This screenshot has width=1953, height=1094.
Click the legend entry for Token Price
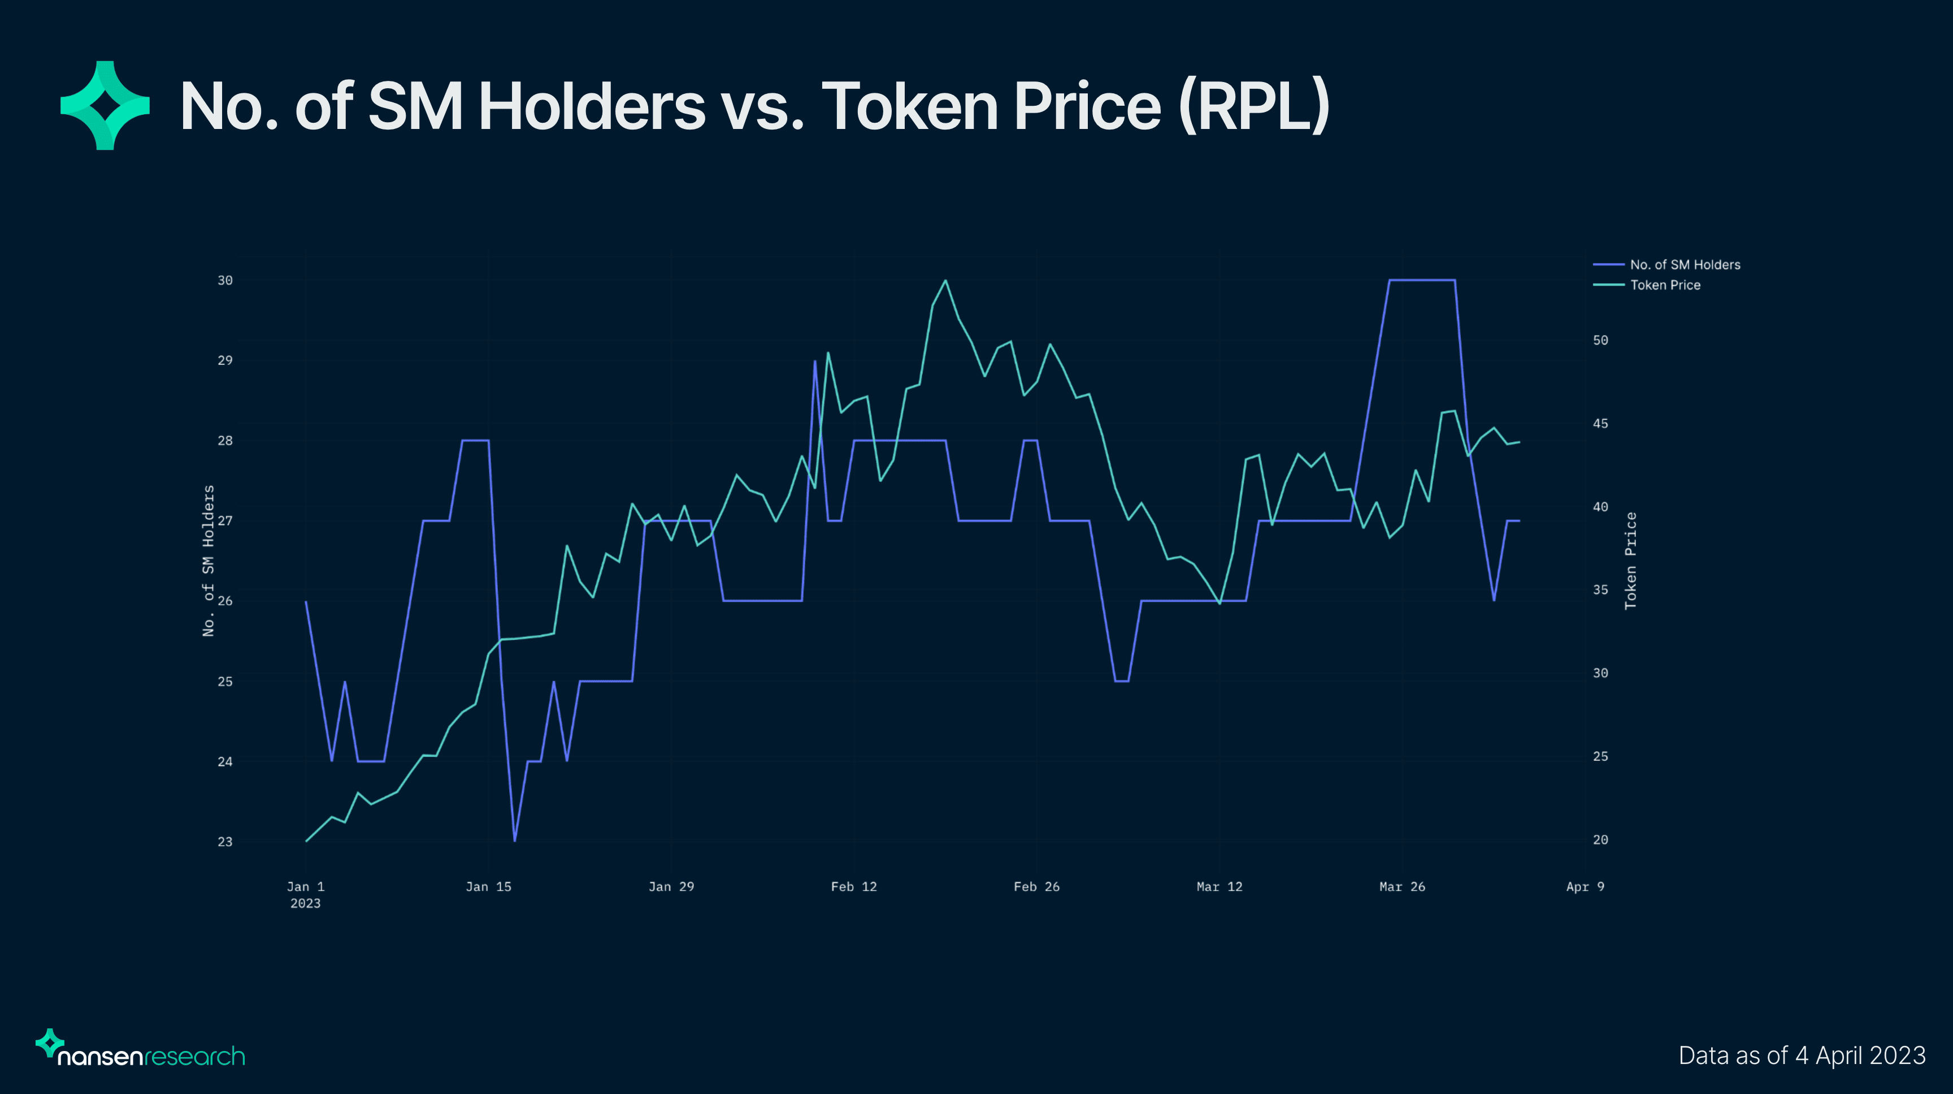click(x=1665, y=285)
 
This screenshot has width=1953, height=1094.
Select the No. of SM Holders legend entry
click(x=1685, y=265)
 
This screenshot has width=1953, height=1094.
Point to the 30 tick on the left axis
click(x=225, y=281)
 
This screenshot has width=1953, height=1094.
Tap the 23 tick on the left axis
click(x=225, y=841)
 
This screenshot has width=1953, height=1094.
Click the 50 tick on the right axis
click(x=1600, y=341)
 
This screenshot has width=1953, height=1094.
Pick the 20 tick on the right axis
click(x=1600, y=840)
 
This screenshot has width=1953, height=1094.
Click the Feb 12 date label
click(x=854, y=887)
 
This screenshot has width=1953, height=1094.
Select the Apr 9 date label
click(x=1585, y=887)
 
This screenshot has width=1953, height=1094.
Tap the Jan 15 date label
click(x=488, y=887)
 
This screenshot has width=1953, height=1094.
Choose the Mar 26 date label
click(x=1402, y=887)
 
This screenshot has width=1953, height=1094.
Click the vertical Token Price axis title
click(x=1631, y=561)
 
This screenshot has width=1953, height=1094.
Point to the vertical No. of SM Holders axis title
click(x=209, y=561)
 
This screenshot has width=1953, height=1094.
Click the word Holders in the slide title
click(x=591, y=107)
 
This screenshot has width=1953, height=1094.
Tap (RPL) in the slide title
click(x=1255, y=107)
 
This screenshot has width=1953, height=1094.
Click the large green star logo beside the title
click(x=105, y=105)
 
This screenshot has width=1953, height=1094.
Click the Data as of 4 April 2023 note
click(x=1802, y=1056)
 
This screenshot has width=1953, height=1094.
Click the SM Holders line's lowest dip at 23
click(x=515, y=841)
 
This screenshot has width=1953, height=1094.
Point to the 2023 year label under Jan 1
click(x=306, y=903)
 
